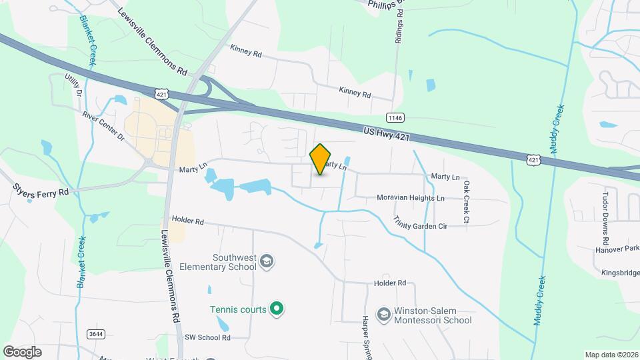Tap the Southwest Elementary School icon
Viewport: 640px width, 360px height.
(267, 261)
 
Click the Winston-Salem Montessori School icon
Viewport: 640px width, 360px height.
(383, 313)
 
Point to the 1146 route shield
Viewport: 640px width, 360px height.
(395, 118)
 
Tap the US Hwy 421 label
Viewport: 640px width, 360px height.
(387, 133)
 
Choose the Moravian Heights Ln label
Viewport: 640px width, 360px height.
(401, 198)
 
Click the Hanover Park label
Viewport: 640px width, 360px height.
(615, 249)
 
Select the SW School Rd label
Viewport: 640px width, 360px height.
(207, 338)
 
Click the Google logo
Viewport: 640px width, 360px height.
(22, 351)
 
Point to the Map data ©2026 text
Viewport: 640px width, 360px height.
(611, 355)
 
